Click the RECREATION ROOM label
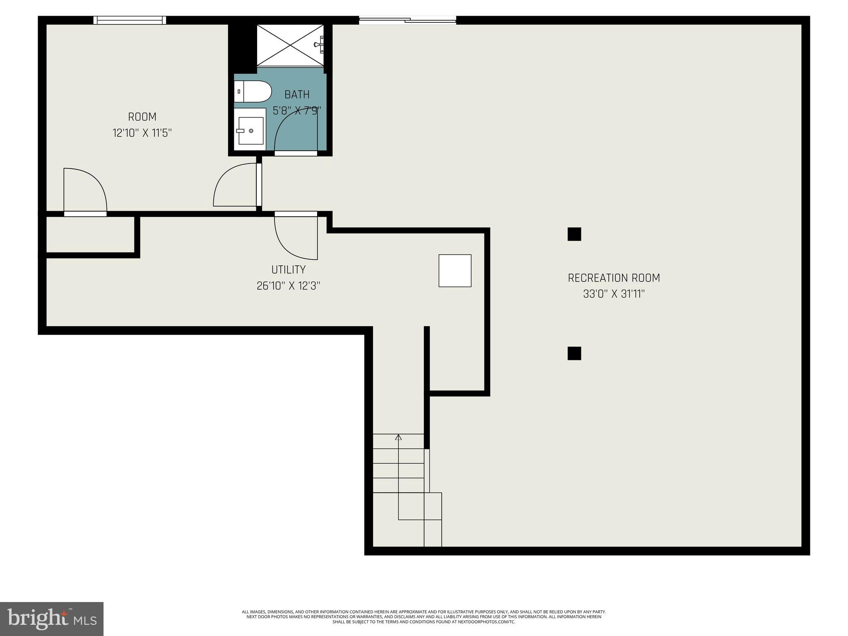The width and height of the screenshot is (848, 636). [x=614, y=278]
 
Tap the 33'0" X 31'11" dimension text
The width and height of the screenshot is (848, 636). [x=614, y=294]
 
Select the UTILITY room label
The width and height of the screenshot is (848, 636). [x=289, y=270]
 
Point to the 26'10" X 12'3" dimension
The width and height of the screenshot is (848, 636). [x=289, y=286]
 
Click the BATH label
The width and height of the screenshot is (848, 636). [x=297, y=95]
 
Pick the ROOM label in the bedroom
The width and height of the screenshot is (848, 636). [x=142, y=117]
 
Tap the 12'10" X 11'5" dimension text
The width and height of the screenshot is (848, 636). [x=142, y=133]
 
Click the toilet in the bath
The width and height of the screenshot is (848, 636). [x=253, y=92]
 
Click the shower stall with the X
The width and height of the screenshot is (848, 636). [x=290, y=45]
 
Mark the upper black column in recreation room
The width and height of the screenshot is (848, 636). [x=574, y=234]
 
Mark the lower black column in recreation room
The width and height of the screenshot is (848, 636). [x=574, y=353]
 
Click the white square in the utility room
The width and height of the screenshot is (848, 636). [x=455, y=270]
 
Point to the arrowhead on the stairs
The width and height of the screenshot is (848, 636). [x=398, y=437]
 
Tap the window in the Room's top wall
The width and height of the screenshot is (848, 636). [x=130, y=20]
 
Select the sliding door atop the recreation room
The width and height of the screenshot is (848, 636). [x=407, y=19]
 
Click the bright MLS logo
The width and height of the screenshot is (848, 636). [x=52, y=619]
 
